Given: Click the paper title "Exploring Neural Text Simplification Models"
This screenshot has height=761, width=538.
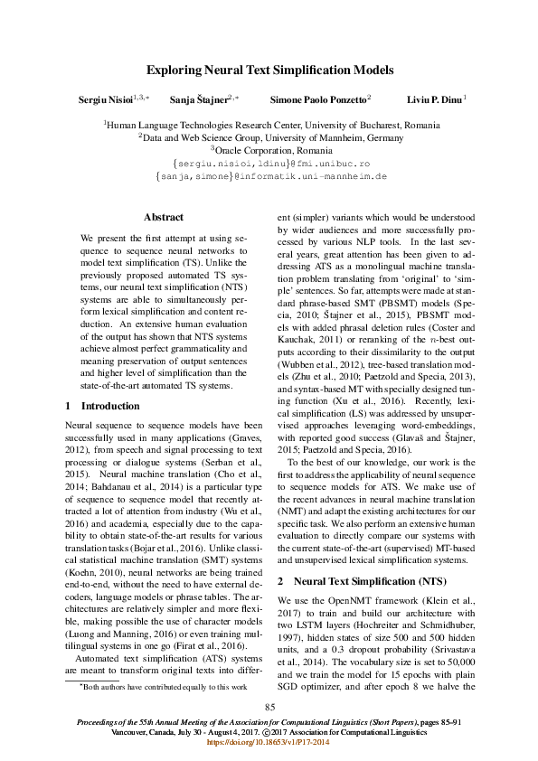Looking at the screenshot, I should tap(269, 68).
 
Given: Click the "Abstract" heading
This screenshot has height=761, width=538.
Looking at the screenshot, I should tap(164, 217).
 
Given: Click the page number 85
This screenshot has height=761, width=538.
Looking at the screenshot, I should tap(269, 706).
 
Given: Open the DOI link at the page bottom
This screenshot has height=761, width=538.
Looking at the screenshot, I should tap(269, 741).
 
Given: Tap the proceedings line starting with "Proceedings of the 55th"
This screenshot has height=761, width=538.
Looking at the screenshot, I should tap(269, 722).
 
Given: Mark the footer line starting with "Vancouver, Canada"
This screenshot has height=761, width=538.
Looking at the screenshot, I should tap(269, 731).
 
